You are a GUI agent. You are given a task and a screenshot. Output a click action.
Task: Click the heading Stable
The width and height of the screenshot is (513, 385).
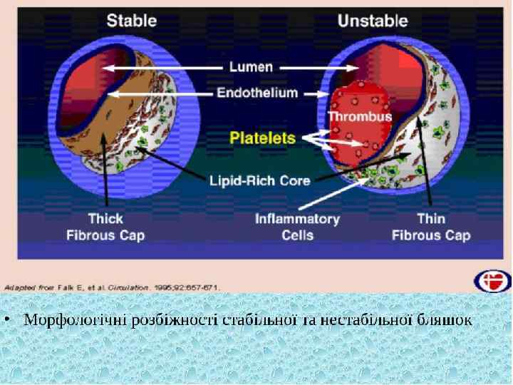point(132,20)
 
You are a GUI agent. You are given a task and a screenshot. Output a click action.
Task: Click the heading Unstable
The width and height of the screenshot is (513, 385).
point(373,20)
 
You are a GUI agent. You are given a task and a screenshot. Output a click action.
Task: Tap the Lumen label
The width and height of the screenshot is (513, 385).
point(251,67)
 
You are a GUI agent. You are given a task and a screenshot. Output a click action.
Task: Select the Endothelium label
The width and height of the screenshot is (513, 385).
point(257,93)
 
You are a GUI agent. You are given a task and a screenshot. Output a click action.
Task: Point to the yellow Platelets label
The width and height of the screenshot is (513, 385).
point(263,138)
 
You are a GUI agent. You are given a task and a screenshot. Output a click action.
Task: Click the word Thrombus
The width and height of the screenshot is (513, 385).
point(360,116)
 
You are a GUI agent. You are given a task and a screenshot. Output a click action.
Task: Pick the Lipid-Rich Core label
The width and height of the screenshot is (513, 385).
point(259,180)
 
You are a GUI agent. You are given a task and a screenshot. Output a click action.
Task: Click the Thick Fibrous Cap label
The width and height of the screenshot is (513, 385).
point(105,227)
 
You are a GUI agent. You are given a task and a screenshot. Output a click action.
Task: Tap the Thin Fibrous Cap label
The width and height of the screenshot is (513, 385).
point(431,227)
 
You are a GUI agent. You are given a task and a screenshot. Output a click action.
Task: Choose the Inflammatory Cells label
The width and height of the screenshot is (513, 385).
point(297,227)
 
